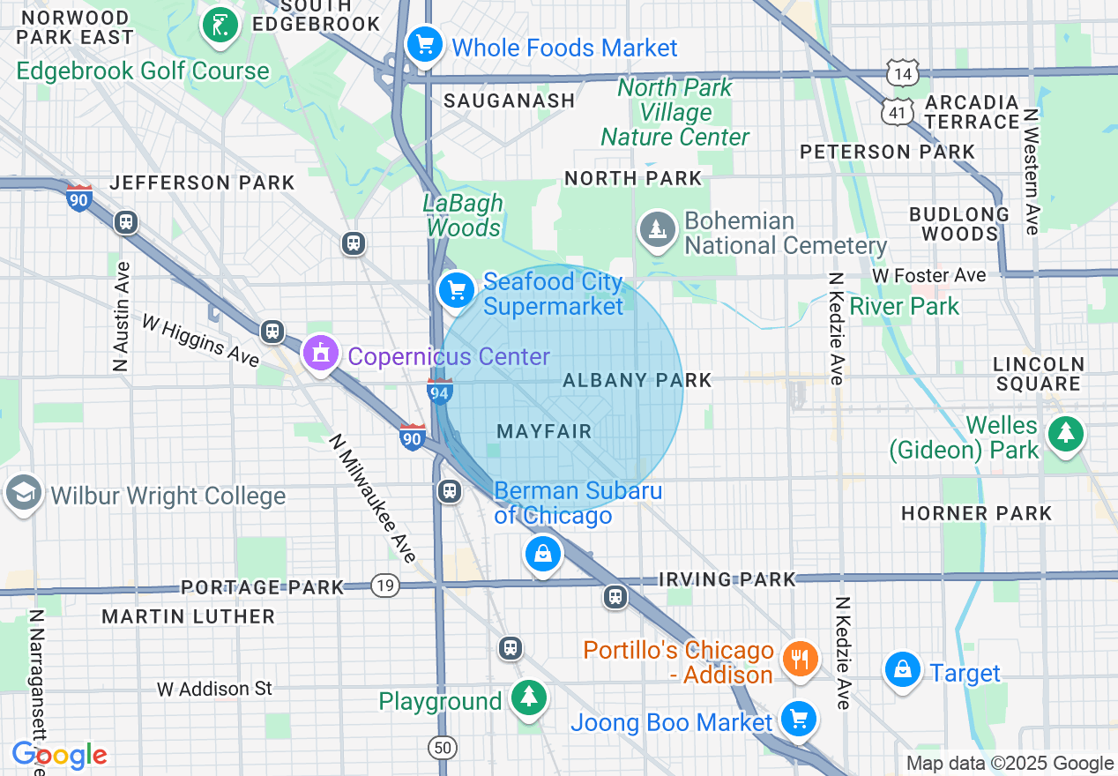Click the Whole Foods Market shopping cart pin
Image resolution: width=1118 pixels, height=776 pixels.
click(x=424, y=43)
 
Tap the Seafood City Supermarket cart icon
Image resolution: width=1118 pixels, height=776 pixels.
click(x=456, y=289)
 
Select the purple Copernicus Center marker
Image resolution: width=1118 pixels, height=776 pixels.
click(x=320, y=354)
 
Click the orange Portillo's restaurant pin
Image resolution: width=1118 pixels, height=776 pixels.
click(x=800, y=658)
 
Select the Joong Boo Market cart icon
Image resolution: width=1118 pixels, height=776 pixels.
click(x=799, y=719)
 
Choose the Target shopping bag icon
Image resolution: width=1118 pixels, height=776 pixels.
click(x=903, y=669)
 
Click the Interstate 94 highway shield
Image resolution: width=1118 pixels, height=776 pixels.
click(x=440, y=391)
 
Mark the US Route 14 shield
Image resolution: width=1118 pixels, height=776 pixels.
click(x=904, y=73)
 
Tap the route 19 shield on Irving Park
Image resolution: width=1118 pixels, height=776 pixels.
click(x=385, y=585)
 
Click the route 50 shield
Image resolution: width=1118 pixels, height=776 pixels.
click(x=443, y=748)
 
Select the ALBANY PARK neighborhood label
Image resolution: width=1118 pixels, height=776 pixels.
click(x=637, y=380)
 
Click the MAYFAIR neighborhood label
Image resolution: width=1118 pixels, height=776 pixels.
click(x=544, y=431)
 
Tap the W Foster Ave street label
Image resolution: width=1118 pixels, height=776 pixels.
click(x=928, y=276)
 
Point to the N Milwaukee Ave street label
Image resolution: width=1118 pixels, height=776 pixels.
click(x=372, y=498)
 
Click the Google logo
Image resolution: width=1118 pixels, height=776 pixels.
click(x=59, y=756)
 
